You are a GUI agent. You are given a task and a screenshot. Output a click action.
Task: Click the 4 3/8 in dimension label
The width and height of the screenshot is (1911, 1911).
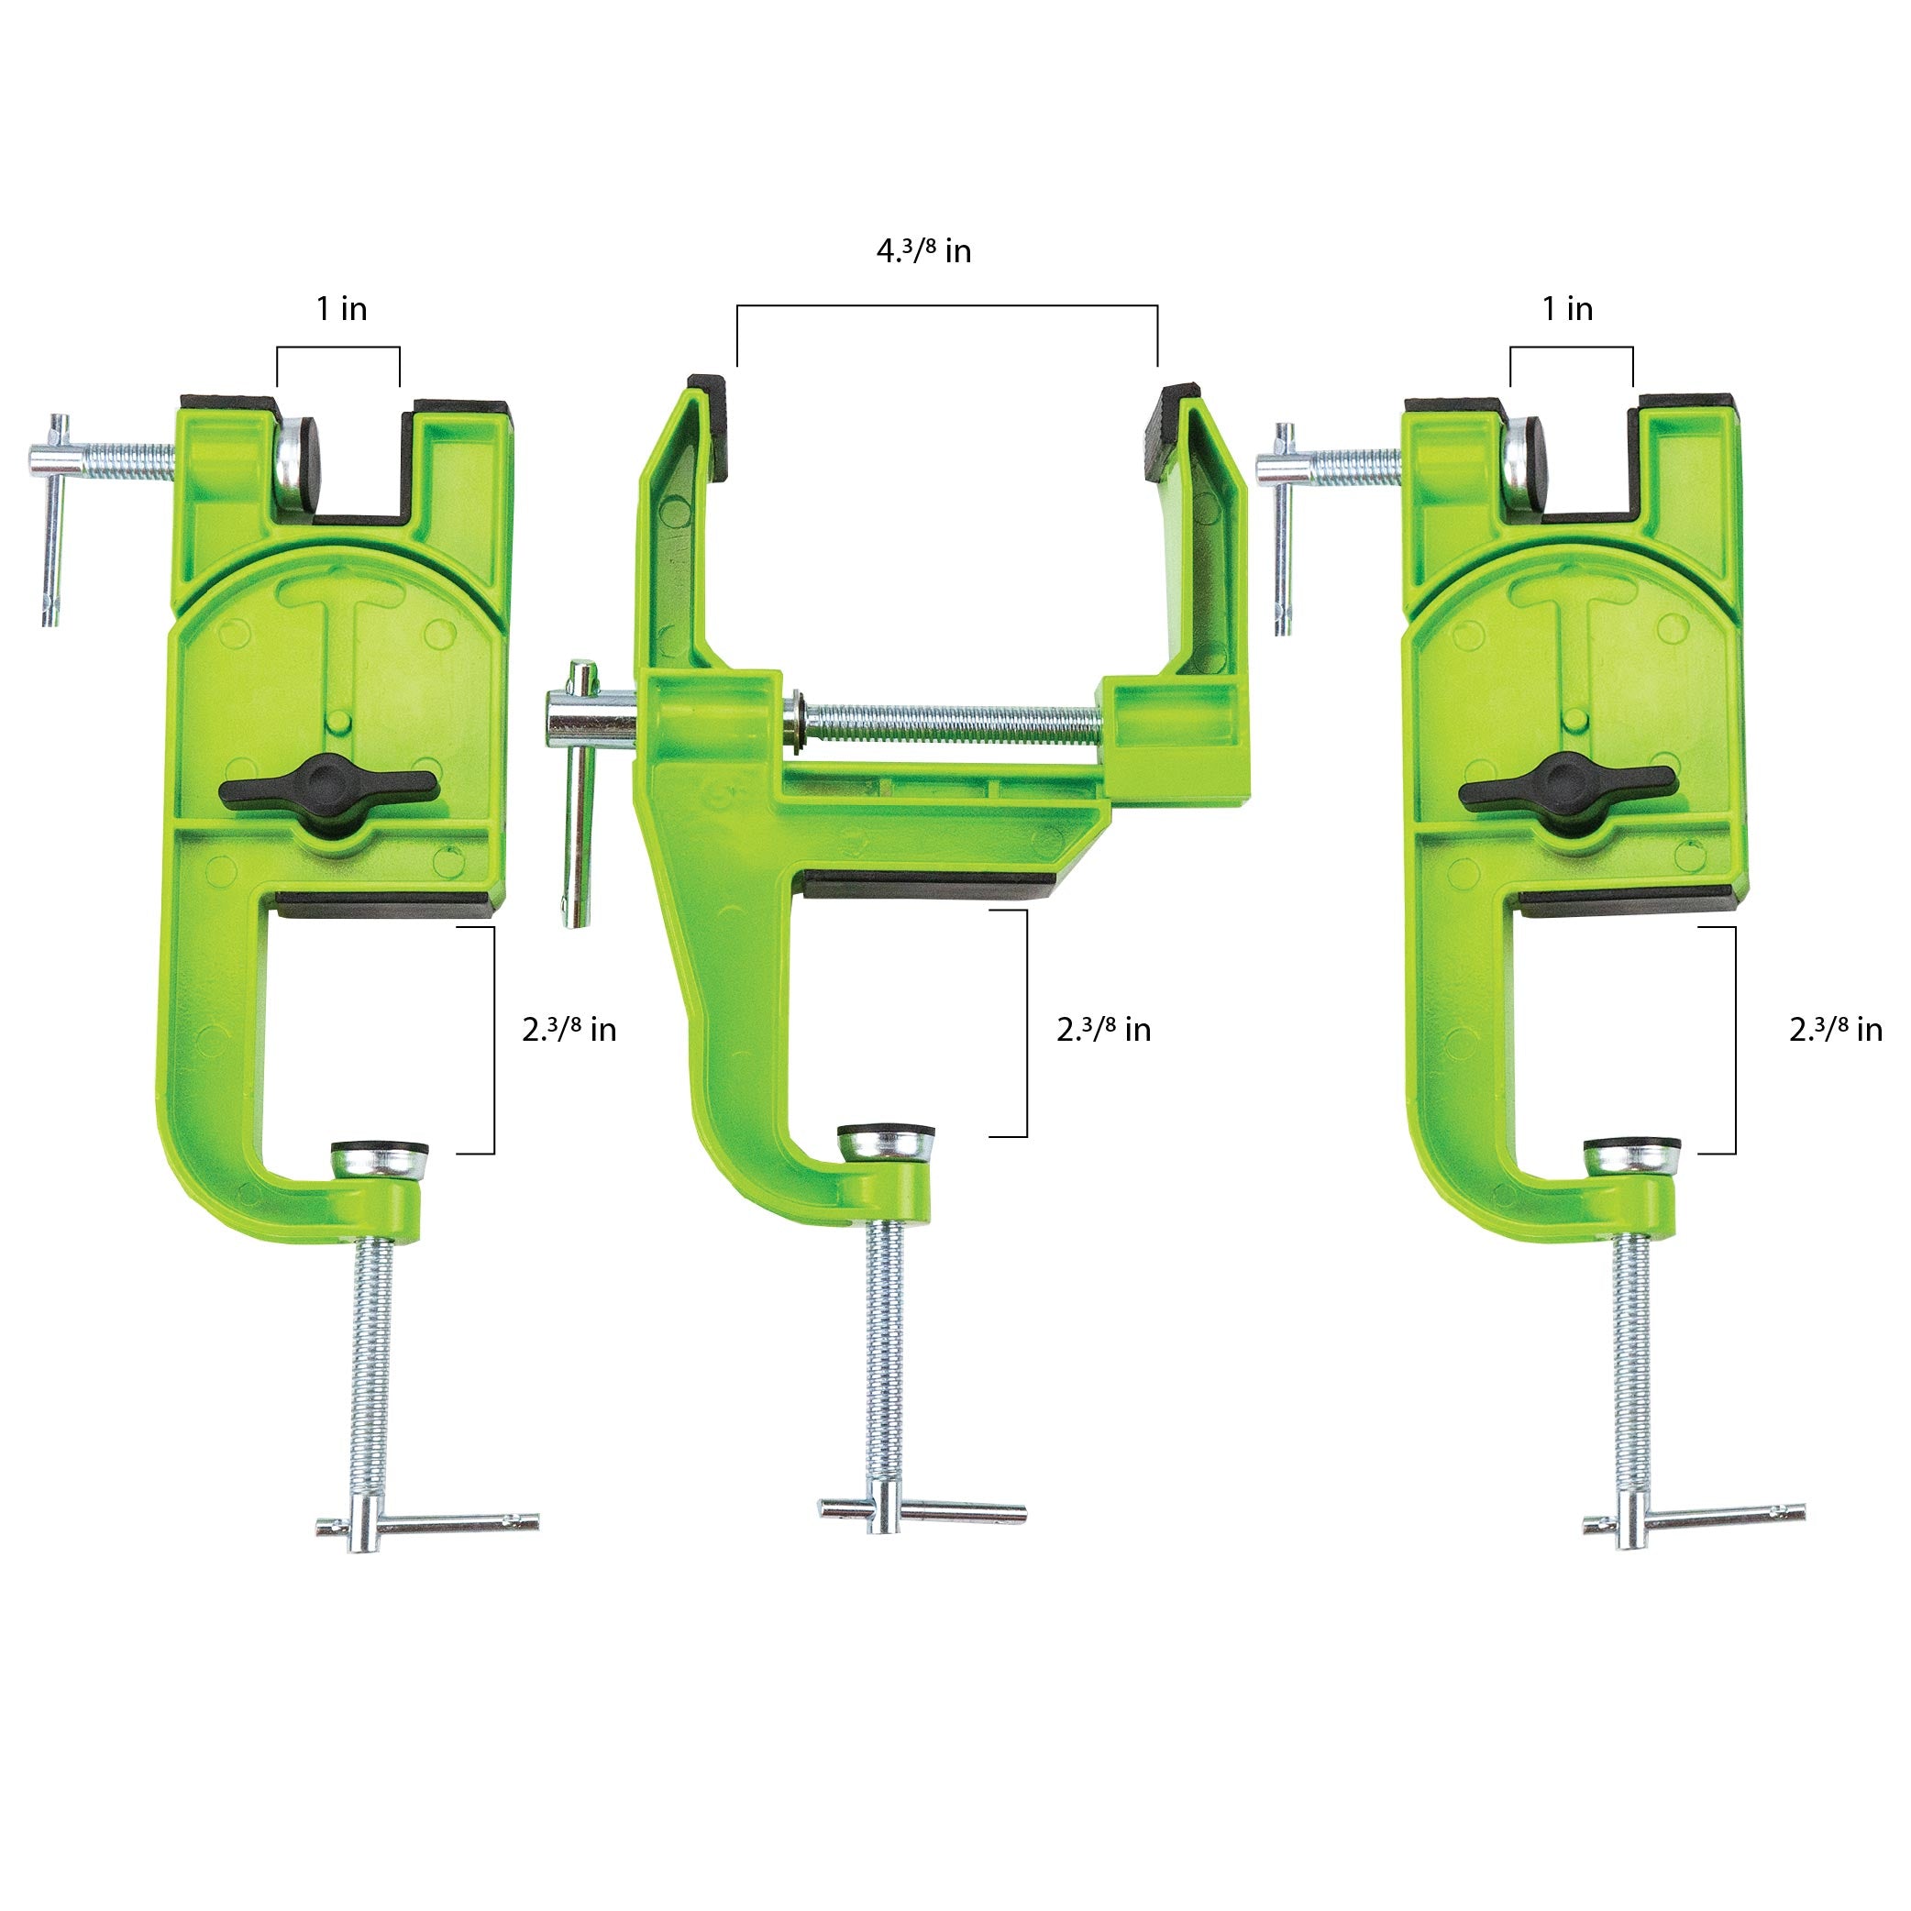[923, 251]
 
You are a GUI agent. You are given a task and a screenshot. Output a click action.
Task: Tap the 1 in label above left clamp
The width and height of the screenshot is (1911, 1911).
[341, 309]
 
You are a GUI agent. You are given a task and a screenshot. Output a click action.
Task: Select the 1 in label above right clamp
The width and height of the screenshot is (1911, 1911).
[1568, 309]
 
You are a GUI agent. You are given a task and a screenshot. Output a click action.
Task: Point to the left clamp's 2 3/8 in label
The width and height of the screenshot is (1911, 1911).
[569, 1030]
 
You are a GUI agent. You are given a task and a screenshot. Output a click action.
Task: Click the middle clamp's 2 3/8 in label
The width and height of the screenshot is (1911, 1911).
[1103, 1030]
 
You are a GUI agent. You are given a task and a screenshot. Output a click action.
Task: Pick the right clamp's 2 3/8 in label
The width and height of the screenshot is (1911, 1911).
[1835, 1030]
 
